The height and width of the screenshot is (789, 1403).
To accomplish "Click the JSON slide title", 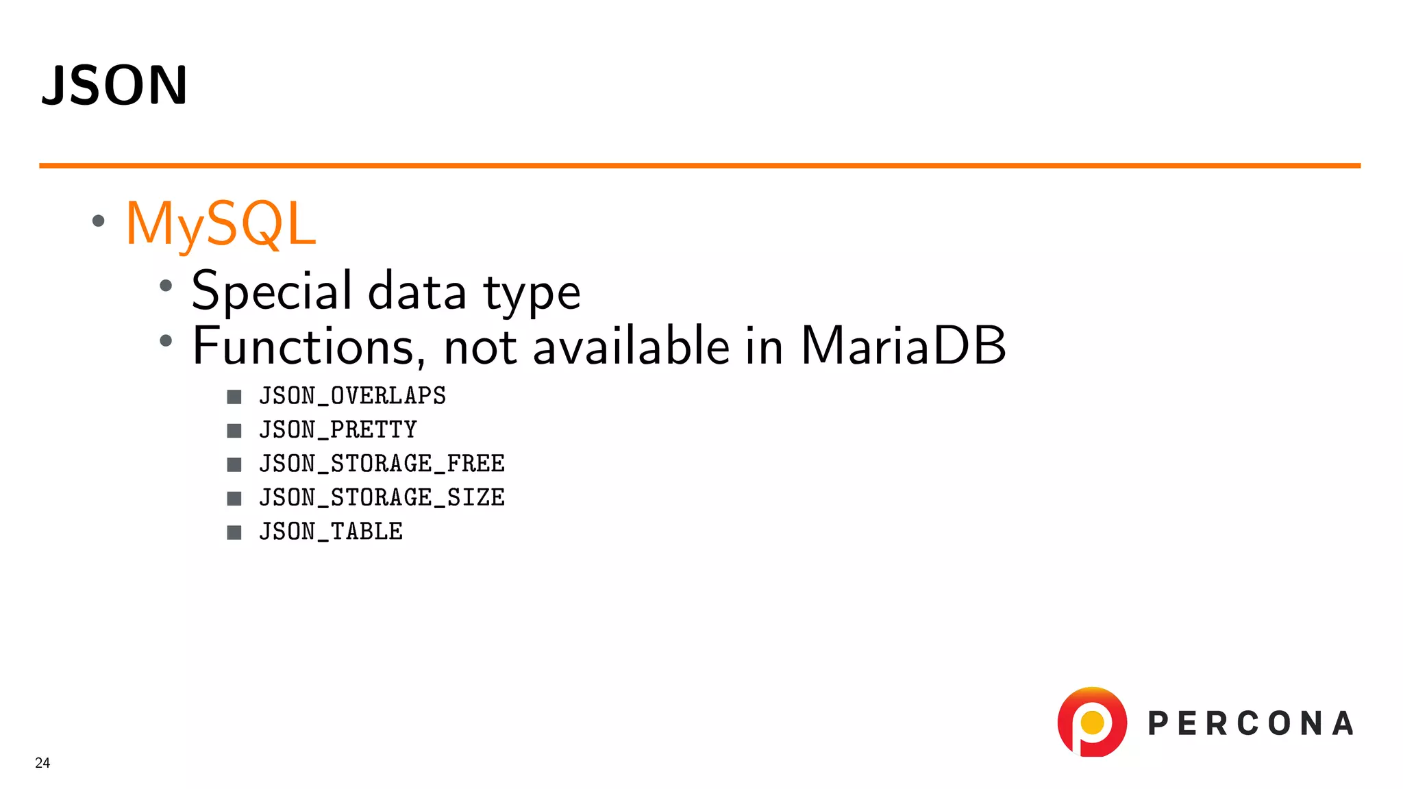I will [x=114, y=85].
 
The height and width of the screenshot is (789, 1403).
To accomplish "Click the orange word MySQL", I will [x=221, y=223].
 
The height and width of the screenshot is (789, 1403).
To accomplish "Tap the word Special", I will [x=272, y=291].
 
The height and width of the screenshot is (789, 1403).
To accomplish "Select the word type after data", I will [x=532, y=292].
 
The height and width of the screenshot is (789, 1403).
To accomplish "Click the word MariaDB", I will [x=903, y=345].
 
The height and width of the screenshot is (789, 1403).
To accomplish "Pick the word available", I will [x=631, y=346].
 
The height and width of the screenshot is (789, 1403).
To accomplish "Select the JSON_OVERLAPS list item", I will [x=352, y=396].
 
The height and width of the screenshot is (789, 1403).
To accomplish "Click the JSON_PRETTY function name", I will [x=338, y=430].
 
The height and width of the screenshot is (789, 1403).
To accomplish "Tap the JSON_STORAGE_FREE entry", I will [x=382, y=464].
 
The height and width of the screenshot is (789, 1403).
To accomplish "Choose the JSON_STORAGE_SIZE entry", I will [x=382, y=498].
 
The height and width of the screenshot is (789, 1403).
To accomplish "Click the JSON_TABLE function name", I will [x=331, y=531].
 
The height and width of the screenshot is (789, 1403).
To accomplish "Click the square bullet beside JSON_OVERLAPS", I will [x=234, y=397].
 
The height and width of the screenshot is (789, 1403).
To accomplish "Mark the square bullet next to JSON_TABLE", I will [x=234, y=532].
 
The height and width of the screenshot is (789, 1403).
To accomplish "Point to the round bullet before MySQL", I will [x=99, y=221].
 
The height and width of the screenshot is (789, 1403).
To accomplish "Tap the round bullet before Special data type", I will [x=166, y=286].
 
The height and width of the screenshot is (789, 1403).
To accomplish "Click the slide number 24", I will [x=42, y=763].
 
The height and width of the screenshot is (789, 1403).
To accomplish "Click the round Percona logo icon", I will [x=1092, y=722].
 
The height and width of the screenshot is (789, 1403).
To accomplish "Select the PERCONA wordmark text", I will [x=1251, y=724].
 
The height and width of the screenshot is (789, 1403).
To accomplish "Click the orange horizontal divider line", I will [x=699, y=166].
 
